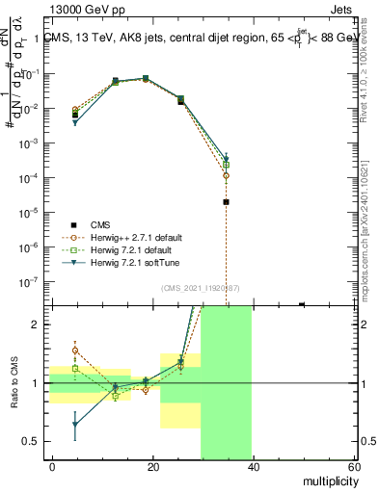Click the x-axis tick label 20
[152, 469]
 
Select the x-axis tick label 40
[253, 469]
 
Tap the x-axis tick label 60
[353, 469]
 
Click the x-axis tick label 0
[52, 469]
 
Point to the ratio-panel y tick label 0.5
[32, 441]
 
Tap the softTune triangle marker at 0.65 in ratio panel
[75, 424]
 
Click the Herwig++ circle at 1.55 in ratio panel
[75, 350]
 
